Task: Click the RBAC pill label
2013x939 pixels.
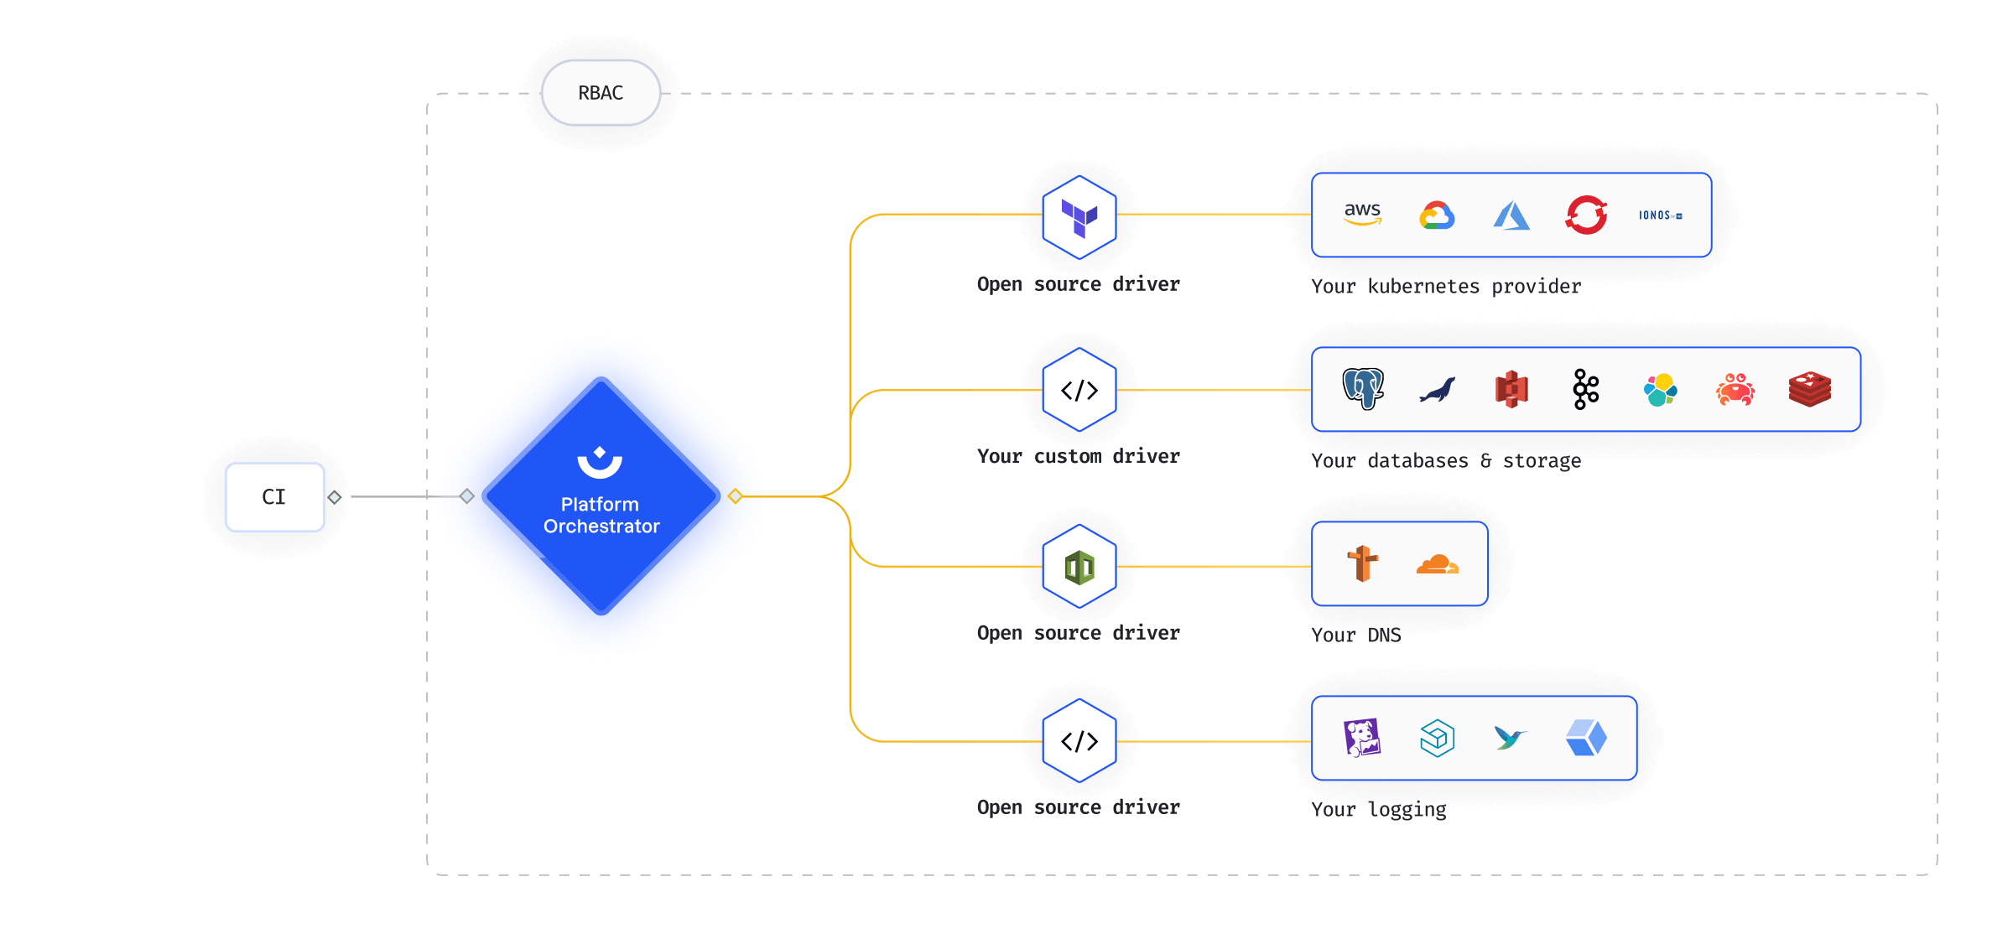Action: pos(601,93)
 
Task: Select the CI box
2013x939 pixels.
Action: pos(274,497)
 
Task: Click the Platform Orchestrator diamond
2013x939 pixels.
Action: pos(601,496)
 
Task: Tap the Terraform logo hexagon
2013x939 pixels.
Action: pos(1079,217)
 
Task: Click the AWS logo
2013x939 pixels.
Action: pos(1362,215)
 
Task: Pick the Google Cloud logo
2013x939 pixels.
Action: pos(1437,215)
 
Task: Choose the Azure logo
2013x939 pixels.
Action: pos(1511,215)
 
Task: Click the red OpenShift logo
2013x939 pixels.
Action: pos(1586,215)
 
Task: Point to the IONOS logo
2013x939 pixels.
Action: pos(1660,215)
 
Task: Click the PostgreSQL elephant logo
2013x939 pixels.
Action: pos(1363,389)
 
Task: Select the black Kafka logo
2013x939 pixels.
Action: pos(1585,389)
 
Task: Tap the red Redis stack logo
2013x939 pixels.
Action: pos(1809,390)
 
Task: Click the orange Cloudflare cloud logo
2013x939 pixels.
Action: pos(1437,564)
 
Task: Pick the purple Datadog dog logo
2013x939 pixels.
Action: pos(1362,739)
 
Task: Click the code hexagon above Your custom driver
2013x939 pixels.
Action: pos(1079,390)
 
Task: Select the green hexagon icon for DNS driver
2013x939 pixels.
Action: pos(1079,568)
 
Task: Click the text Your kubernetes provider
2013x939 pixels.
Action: pos(1445,287)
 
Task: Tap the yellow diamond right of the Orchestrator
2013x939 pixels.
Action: pos(736,496)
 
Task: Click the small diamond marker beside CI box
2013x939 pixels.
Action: pos(335,497)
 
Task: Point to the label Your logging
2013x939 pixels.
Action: pos(1378,810)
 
